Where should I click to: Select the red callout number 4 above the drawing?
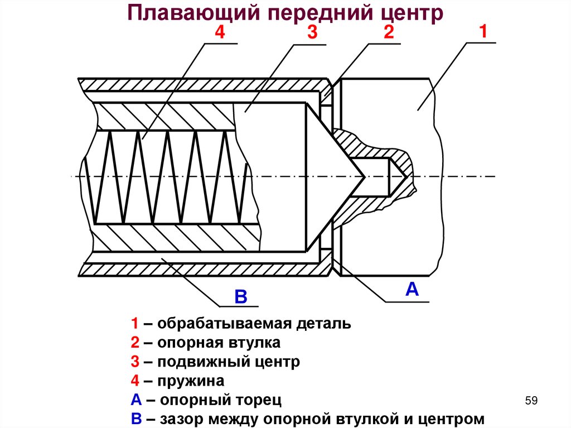[x=219, y=33]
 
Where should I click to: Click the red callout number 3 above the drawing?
[x=312, y=33]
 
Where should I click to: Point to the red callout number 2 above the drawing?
[x=388, y=33]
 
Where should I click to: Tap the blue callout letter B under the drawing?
[x=240, y=296]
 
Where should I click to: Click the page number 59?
[x=531, y=401]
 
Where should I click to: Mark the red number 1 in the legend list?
[x=135, y=324]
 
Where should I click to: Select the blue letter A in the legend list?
[x=136, y=400]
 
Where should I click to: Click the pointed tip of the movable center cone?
[x=365, y=177]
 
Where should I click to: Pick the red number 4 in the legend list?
[x=135, y=381]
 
